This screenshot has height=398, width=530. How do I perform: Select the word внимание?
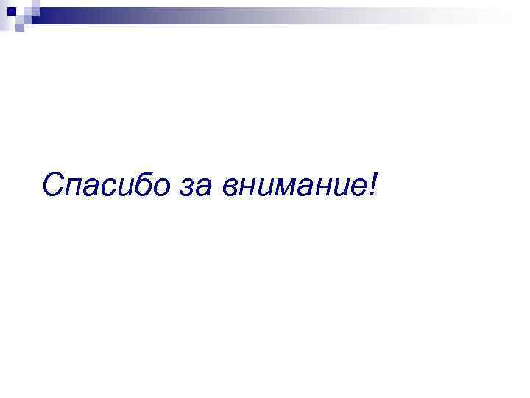[291, 186]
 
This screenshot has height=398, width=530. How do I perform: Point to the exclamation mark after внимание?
[371, 184]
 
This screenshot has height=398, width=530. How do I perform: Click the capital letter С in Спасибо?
[53, 184]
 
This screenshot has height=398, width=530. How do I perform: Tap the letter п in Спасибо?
[77, 187]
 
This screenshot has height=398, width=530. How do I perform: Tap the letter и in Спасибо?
[130, 187]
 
